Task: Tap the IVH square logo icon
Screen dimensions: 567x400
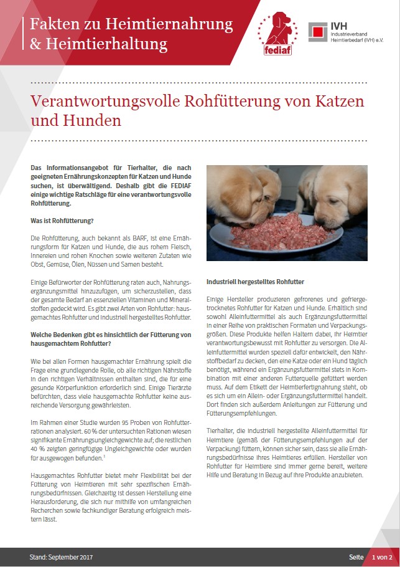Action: (319, 32)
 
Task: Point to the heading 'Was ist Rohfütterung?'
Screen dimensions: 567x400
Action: (63, 221)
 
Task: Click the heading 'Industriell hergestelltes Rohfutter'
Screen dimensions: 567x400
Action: (256, 282)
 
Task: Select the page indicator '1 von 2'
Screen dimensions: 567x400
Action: (381, 556)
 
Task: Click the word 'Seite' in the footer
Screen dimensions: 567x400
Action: (356, 556)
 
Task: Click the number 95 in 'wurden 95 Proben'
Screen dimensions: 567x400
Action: (122, 424)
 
